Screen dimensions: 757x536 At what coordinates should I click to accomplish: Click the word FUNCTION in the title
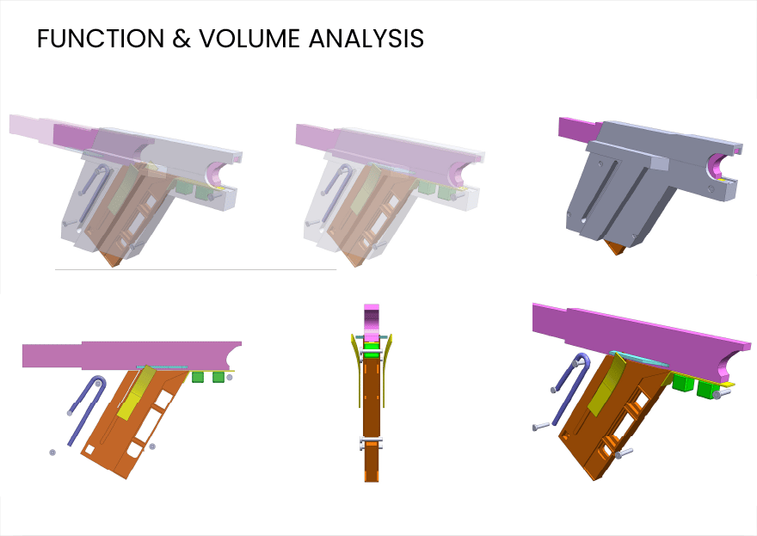[101, 39]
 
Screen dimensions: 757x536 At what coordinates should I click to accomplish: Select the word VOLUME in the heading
[249, 39]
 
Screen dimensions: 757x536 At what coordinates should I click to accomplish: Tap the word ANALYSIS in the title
[366, 39]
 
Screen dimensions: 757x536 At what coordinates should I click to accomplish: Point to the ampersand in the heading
[182, 39]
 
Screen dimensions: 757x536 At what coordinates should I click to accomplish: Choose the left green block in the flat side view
[198, 377]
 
